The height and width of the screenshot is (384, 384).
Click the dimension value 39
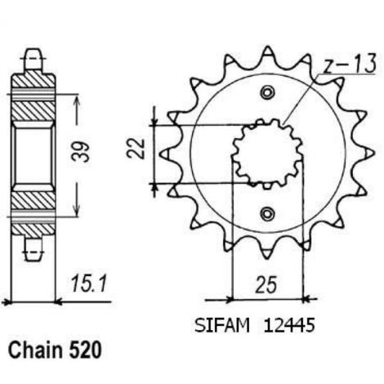82,152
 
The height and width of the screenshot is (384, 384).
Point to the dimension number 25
266,285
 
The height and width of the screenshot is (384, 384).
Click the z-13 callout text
350,65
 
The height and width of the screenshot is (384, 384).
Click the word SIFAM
222,325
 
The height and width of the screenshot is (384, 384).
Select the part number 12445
288,325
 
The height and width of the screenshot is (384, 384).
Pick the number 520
85,351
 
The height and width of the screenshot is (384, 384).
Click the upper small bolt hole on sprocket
266,92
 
